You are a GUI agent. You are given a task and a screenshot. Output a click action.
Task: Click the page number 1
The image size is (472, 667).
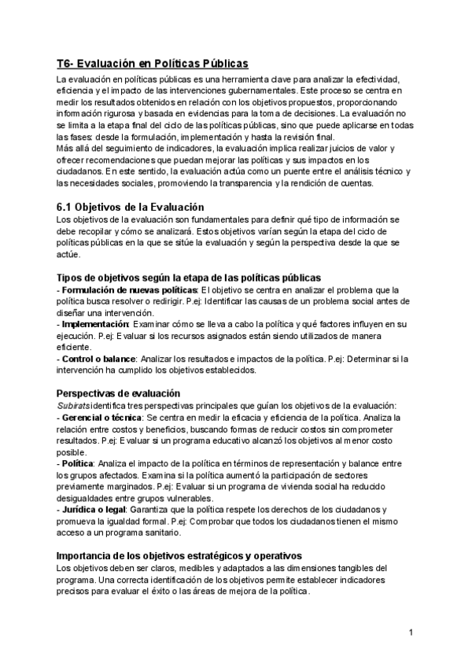(411, 632)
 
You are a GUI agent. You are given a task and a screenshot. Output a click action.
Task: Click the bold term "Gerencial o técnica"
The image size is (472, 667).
(104, 416)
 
